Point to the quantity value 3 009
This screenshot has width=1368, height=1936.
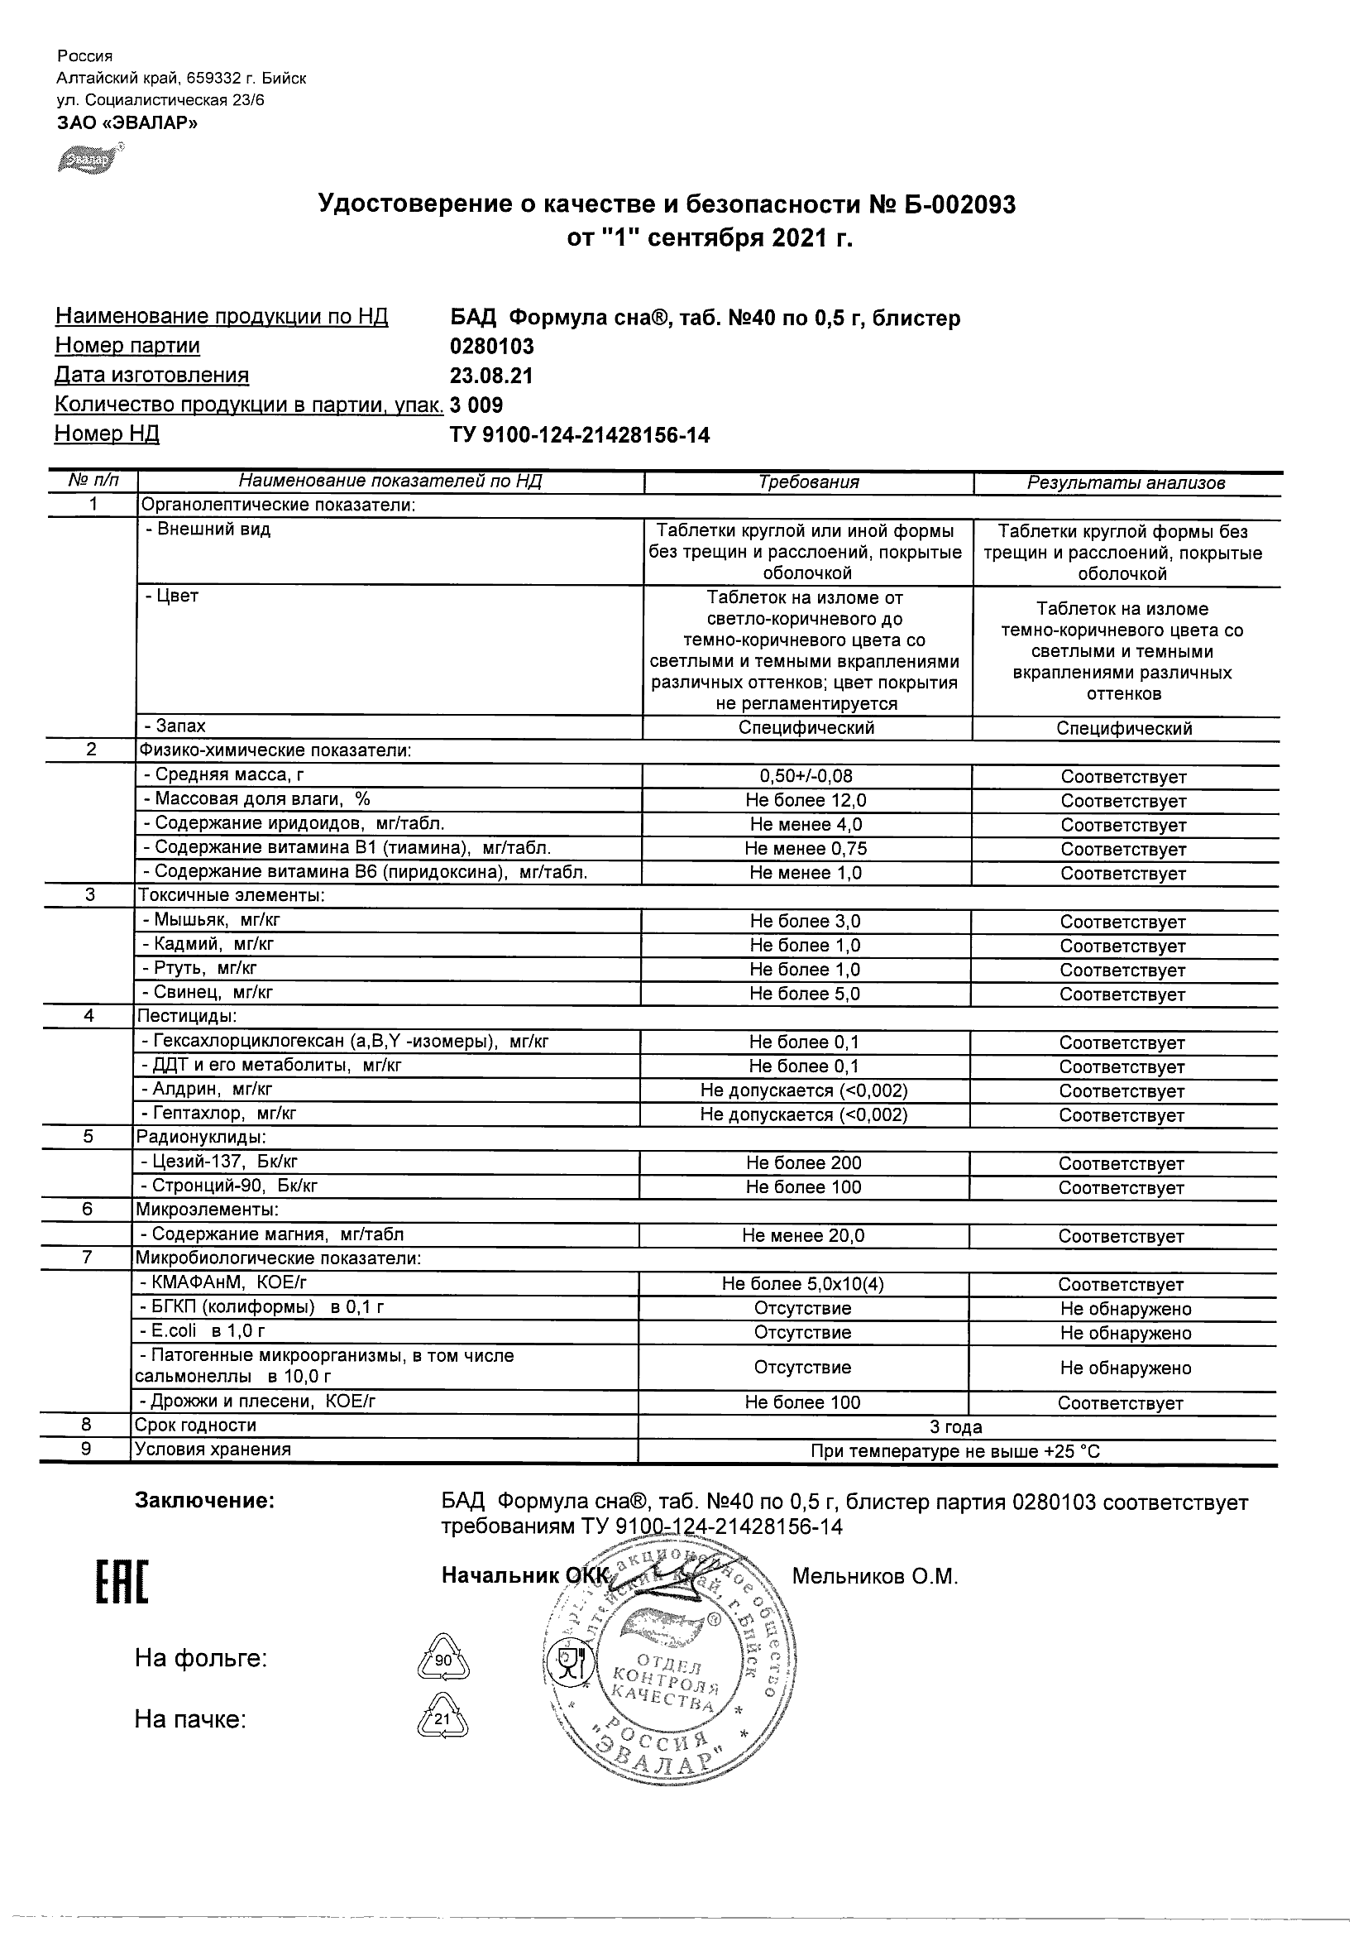(x=477, y=405)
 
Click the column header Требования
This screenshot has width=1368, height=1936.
(x=808, y=482)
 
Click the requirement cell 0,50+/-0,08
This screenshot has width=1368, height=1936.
(x=806, y=776)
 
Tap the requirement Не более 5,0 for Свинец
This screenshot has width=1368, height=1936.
(x=805, y=994)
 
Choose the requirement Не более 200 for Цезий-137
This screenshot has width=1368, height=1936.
(x=803, y=1162)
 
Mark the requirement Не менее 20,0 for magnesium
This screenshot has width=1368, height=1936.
(x=803, y=1235)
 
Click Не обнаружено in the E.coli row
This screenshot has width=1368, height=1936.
(x=1125, y=1333)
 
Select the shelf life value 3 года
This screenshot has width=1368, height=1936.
(x=956, y=1426)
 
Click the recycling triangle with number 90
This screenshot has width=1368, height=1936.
(x=443, y=1660)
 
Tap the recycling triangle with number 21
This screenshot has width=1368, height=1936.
(x=442, y=1718)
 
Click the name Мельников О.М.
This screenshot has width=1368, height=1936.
(x=875, y=1576)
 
